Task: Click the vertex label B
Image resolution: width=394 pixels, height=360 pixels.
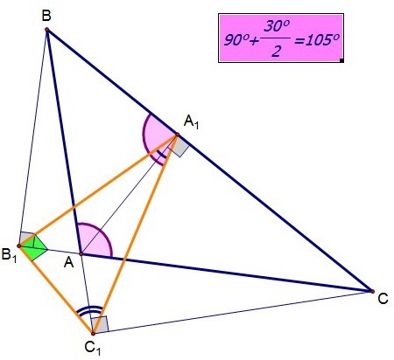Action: point(46,16)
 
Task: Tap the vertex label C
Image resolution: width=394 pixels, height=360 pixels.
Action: point(383,299)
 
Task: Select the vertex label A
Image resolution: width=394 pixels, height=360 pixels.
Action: point(69,263)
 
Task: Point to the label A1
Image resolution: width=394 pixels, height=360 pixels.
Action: point(192,121)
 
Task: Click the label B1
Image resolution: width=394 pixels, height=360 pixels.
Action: point(9,255)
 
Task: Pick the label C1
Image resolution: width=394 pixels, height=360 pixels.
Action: point(93,348)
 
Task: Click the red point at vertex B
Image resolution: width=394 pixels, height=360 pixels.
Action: point(46,29)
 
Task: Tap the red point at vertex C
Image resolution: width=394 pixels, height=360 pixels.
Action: point(372,291)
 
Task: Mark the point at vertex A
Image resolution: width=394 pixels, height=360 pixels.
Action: point(81,254)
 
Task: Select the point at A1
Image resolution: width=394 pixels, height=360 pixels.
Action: point(177,135)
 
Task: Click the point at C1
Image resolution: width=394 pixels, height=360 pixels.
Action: point(93,334)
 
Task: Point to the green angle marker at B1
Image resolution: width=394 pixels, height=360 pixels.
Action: point(33,247)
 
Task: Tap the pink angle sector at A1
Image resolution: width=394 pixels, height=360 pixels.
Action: point(156,137)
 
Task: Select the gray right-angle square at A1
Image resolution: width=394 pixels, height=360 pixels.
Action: point(179,147)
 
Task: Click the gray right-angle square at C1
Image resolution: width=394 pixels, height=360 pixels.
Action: point(100,325)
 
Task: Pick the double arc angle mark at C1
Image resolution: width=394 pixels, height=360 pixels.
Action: point(89,309)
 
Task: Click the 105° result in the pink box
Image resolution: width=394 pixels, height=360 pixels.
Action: point(318,40)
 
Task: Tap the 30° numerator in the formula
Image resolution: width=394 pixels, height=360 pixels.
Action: point(277,26)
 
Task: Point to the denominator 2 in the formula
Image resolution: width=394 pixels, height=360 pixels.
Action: point(276,52)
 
